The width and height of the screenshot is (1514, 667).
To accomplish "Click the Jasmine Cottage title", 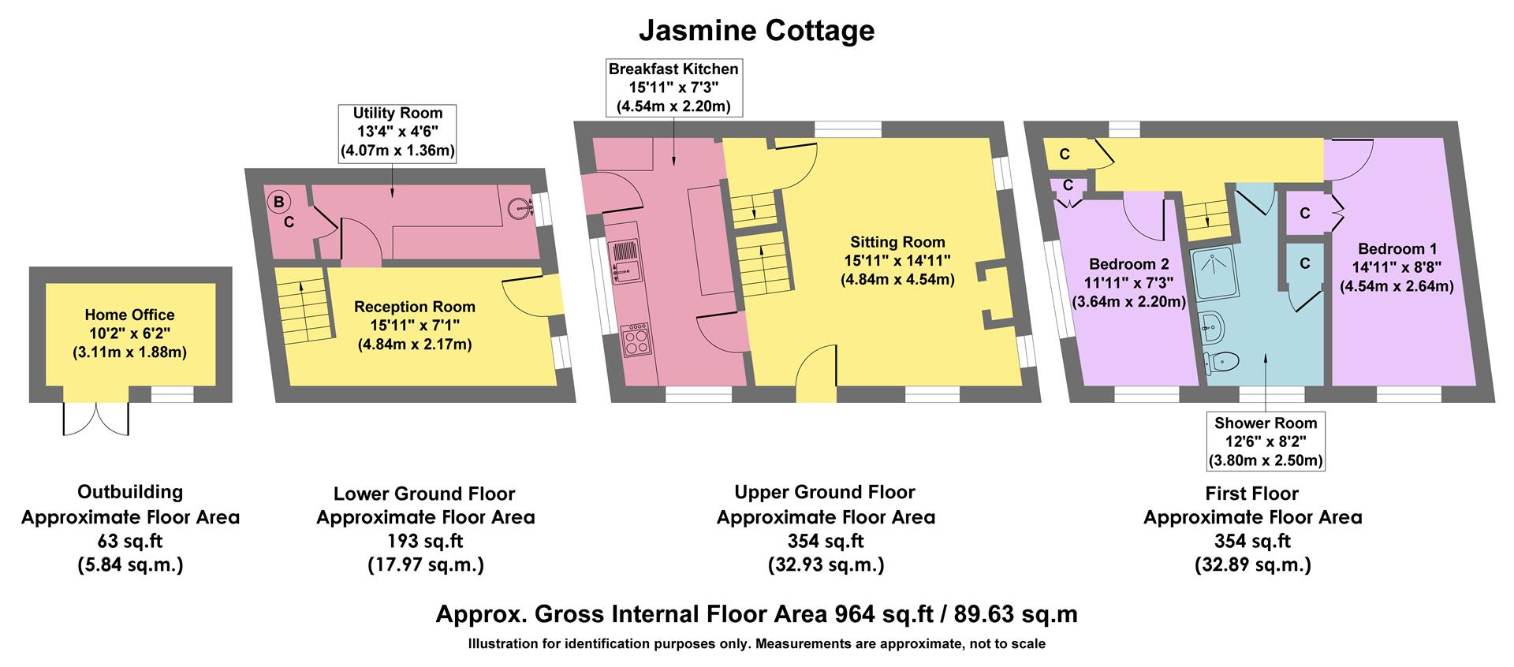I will tap(755, 31).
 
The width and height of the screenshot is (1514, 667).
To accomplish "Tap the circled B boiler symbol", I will tap(278, 202).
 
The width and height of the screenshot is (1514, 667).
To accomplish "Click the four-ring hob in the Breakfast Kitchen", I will tap(635, 341).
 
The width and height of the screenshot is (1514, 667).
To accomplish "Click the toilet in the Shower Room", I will tap(1222, 361).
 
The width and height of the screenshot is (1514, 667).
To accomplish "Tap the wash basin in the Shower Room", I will tap(1212, 324).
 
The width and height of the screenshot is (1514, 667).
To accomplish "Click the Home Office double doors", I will tap(96, 419).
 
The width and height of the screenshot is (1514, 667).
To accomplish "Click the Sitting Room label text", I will tap(897, 242).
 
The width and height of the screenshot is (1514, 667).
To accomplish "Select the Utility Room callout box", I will tap(397, 132).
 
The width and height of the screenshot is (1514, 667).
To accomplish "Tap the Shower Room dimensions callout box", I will tap(1266, 442).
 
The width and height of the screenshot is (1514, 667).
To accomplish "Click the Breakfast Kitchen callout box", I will tap(673, 88).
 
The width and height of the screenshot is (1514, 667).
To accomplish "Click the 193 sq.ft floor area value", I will tap(425, 542).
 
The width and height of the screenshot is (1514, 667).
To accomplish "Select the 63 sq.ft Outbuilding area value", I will tap(130, 541).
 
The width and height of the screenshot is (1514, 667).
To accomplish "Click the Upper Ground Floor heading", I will tap(825, 492).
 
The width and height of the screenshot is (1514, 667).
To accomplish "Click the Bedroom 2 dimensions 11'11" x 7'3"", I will tap(1128, 282).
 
